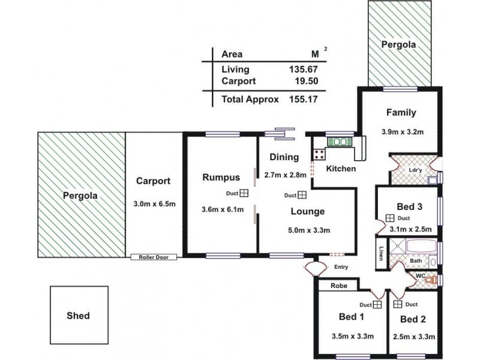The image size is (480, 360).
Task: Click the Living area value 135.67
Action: pos(304,69)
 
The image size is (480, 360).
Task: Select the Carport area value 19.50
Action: pos(306,81)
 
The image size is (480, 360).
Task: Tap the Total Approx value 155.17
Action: pos(304,100)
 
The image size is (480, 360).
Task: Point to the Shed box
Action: pos(79,315)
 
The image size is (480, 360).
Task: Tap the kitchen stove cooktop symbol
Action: pos(319,154)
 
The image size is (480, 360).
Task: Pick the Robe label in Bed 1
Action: pos(338,286)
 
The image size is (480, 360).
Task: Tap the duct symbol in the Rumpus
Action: pos(245,193)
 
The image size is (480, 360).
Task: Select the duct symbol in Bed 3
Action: pos(389,218)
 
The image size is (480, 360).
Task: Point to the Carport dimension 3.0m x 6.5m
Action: pos(154,204)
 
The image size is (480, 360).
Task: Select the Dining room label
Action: pos(284,158)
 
